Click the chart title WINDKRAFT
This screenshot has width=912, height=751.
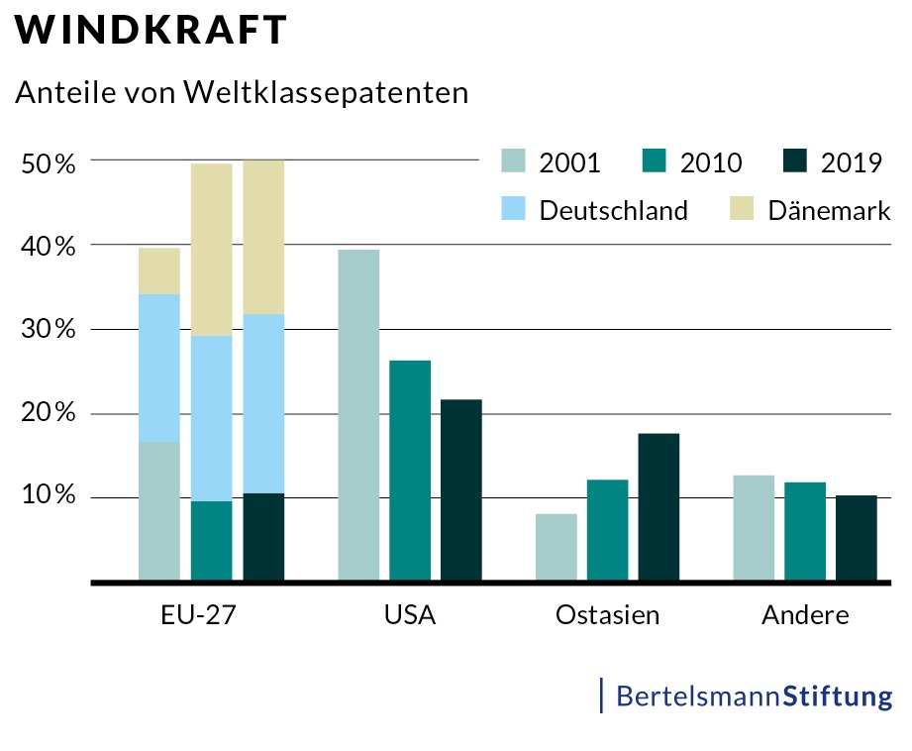tap(151, 31)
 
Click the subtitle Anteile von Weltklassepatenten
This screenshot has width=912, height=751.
tap(241, 93)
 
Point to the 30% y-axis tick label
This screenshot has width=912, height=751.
tap(48, 330)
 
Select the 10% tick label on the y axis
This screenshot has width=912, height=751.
tap(48, 496)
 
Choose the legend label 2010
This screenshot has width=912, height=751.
tap(710, 162)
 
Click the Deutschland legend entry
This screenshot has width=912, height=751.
tap(613, 210)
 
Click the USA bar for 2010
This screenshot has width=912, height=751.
tap(410, 470)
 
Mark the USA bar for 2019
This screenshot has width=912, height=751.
tap(461, 489)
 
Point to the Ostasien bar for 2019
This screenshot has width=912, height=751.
tap(659, 506)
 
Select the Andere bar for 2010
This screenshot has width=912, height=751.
tap(805, 530)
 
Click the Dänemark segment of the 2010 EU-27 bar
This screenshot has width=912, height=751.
tap(211, 250)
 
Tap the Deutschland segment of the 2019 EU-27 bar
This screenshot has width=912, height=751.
tap(263, 403)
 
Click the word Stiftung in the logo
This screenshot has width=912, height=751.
tap(837, 696)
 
